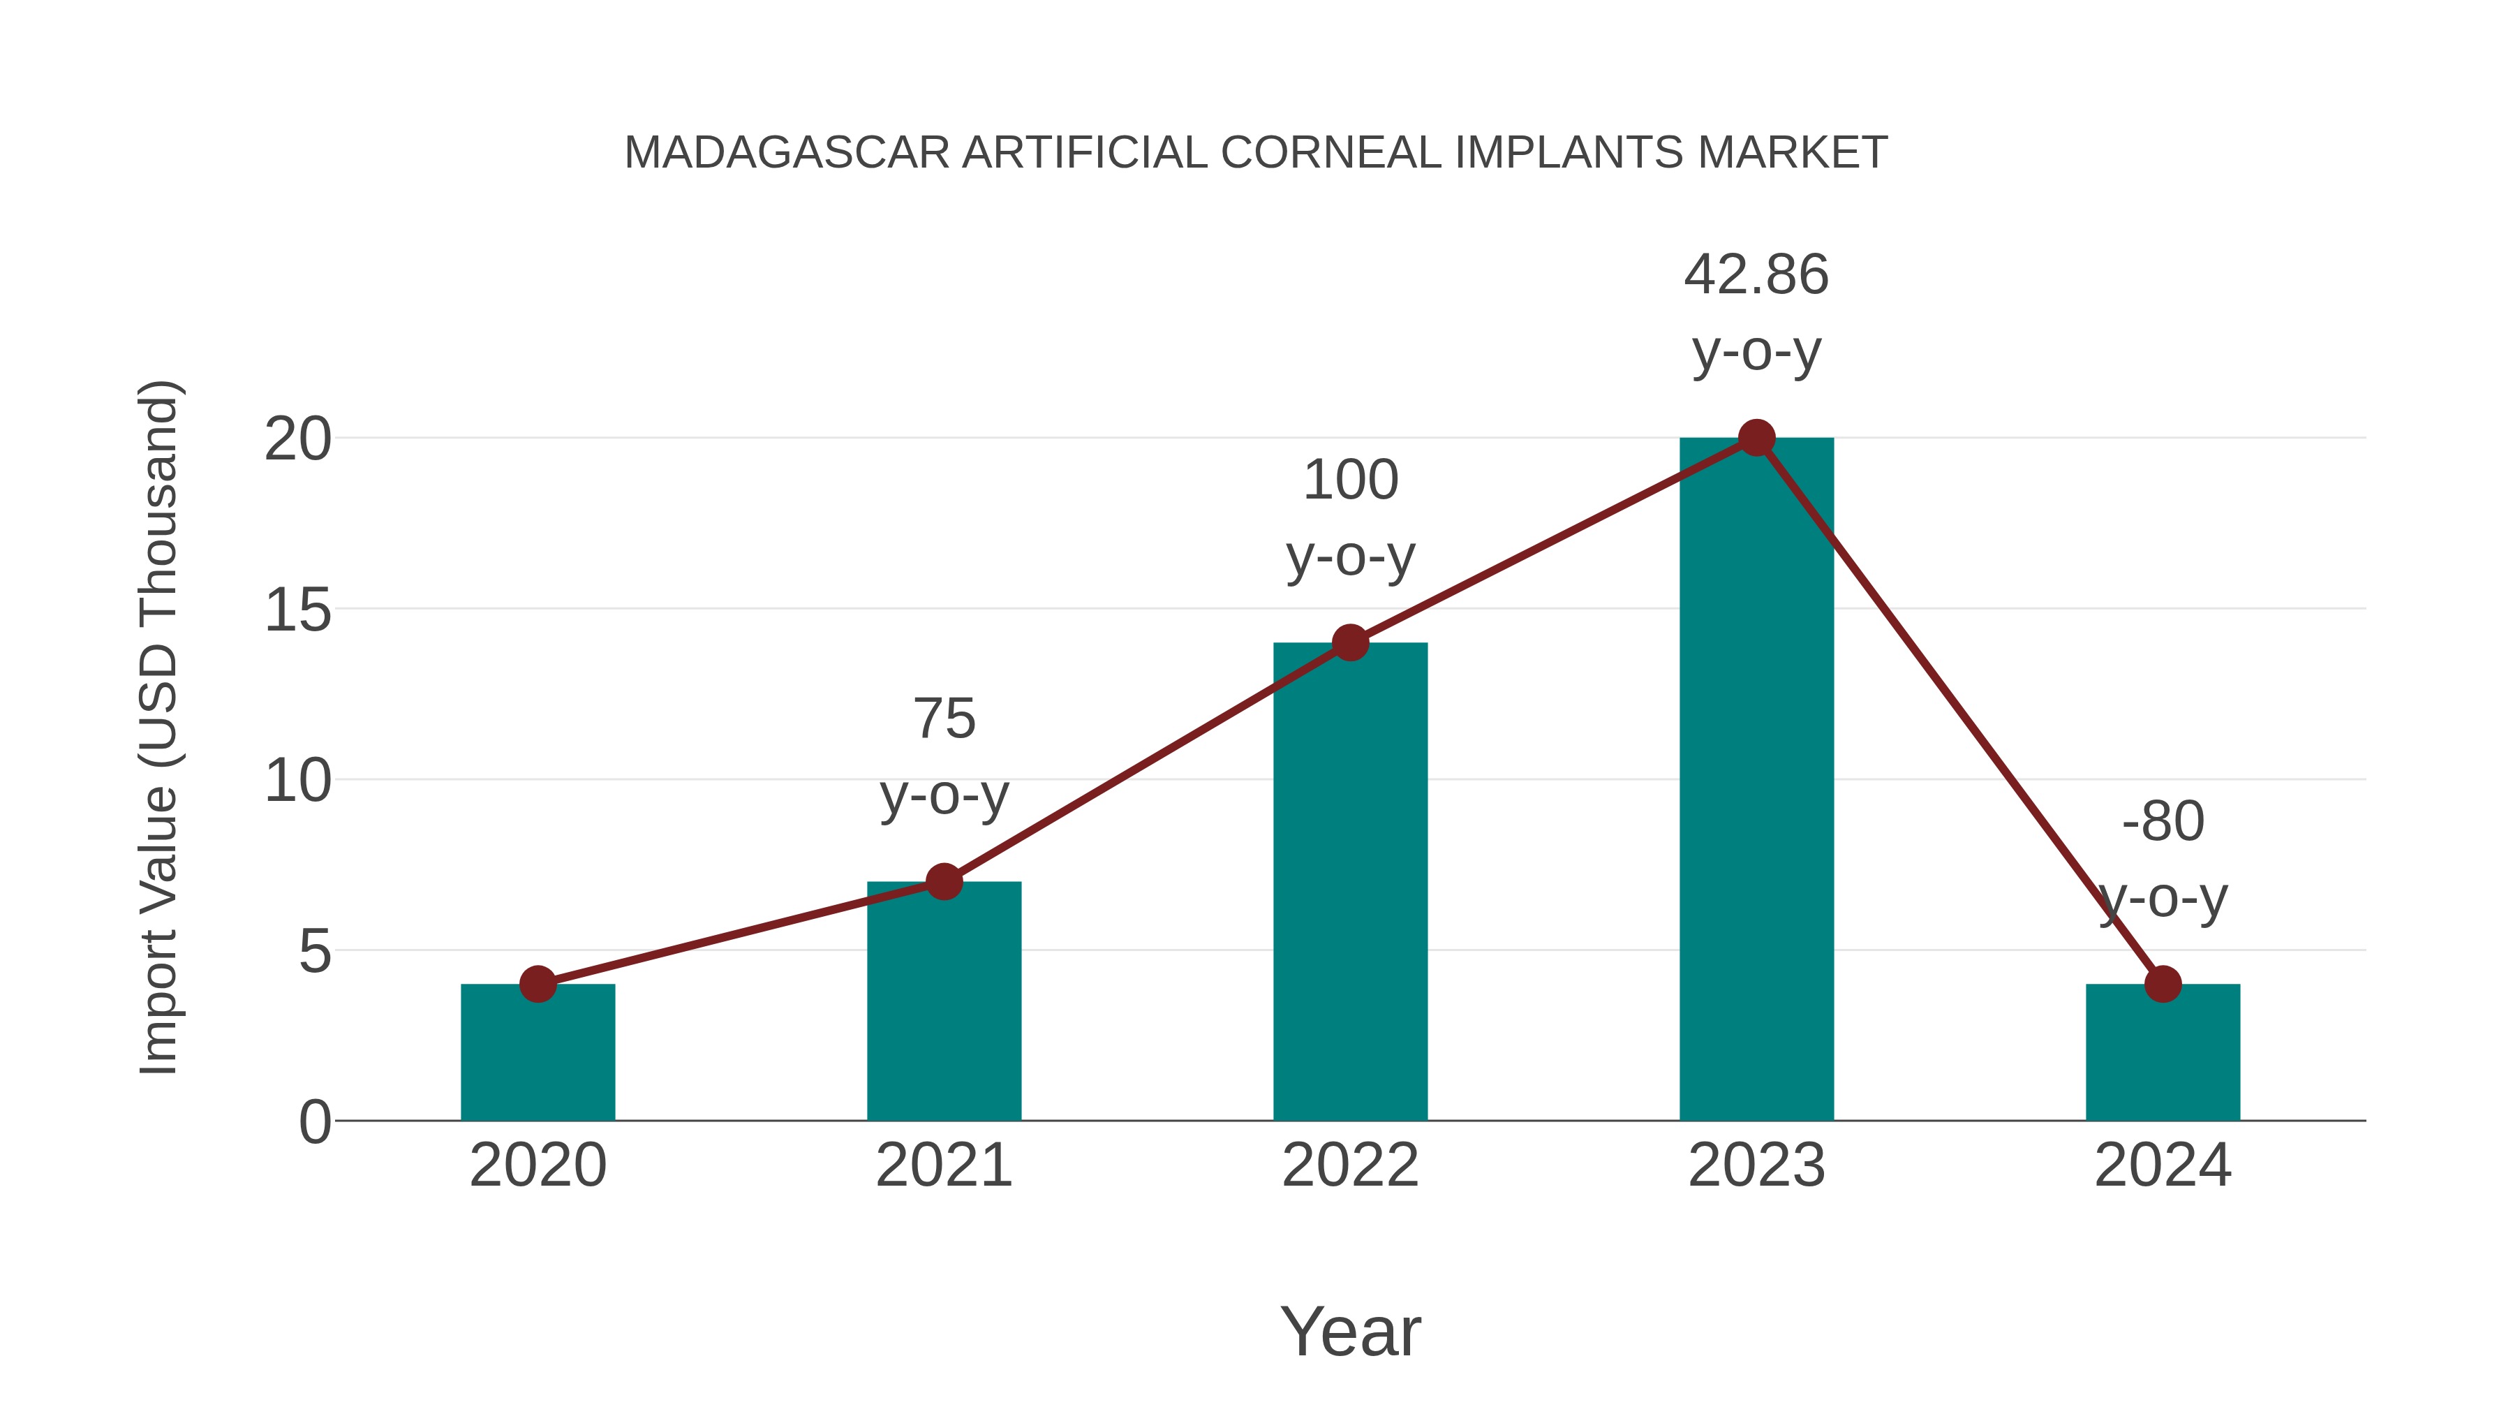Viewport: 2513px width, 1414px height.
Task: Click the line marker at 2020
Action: [538, 984]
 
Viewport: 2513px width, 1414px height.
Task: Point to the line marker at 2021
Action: [943, 881]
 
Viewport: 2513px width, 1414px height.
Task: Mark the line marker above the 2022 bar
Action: [1350, 642]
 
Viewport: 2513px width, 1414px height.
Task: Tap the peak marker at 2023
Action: [1756, 438]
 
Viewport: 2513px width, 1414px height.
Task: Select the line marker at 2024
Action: [2163, 984]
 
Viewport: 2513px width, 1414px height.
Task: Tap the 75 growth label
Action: [943, 756]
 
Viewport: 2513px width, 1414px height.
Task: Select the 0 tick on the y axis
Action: [314, 1121]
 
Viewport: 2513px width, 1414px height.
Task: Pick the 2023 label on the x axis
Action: [1756, 1165]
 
